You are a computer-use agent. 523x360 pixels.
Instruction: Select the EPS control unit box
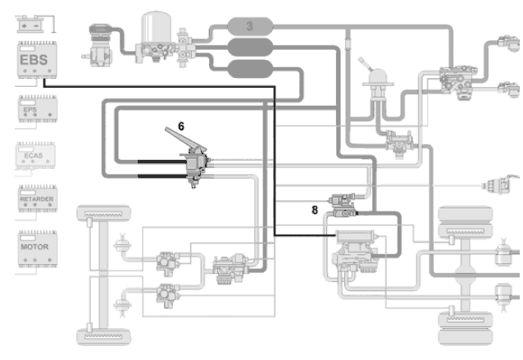pyautogui.click(x=36, y=107)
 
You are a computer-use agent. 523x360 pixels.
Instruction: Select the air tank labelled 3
pyautogui.click(x=249, y=25)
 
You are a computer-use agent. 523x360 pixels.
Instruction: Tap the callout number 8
pyautogui.click(x=314, y=209)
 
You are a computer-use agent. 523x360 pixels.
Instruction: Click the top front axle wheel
pyautogui.click(x=105, y=215)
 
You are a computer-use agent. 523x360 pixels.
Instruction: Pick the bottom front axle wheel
pyautogui.click(x=105, y=335)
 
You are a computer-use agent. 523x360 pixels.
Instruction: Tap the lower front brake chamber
pyautogui.click(x=125, y=310)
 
